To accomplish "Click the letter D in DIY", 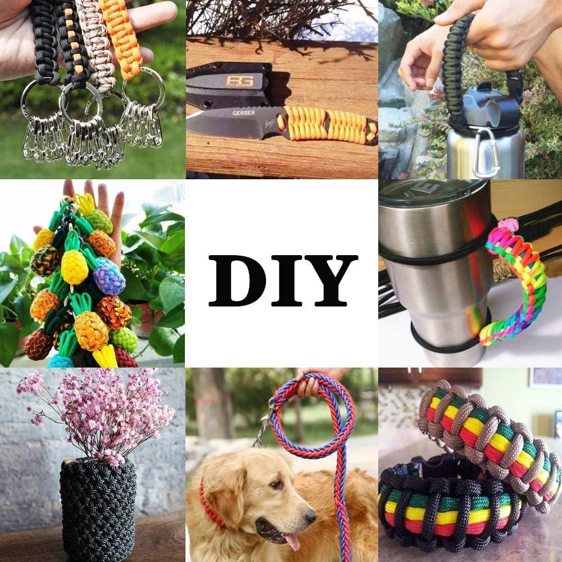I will coord(233,280).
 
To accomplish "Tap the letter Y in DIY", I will coord(330,280).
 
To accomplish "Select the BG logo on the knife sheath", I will coord(239,80).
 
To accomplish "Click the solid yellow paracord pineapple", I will coord(74,266).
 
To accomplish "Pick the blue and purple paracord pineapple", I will coord(109,278).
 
